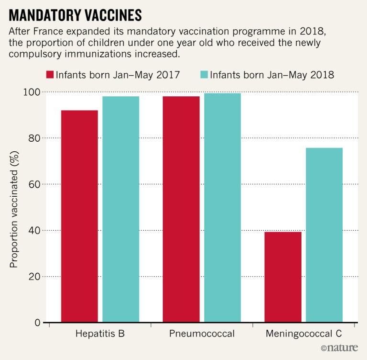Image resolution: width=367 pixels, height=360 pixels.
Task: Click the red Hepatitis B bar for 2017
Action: [79, 216]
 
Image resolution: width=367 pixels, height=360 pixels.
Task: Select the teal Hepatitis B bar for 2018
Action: [121, 209]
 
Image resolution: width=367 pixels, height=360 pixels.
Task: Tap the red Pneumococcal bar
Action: [181, 209]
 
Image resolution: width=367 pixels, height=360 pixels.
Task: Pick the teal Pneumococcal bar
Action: [222, 208]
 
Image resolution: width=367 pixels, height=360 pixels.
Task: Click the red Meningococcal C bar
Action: [283, 277]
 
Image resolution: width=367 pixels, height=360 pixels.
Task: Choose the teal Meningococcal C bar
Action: [324, 235]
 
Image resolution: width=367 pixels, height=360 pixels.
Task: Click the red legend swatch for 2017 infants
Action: [49, 75]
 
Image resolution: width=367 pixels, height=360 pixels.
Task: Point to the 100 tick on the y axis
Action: [34, 92]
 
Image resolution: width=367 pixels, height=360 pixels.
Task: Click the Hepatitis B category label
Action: [100, 334]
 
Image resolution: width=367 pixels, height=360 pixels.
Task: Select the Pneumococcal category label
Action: [202, 334]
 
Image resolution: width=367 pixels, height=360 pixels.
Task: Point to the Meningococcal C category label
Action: [303, 334]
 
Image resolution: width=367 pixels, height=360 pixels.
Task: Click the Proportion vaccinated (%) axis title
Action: [14, 207]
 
